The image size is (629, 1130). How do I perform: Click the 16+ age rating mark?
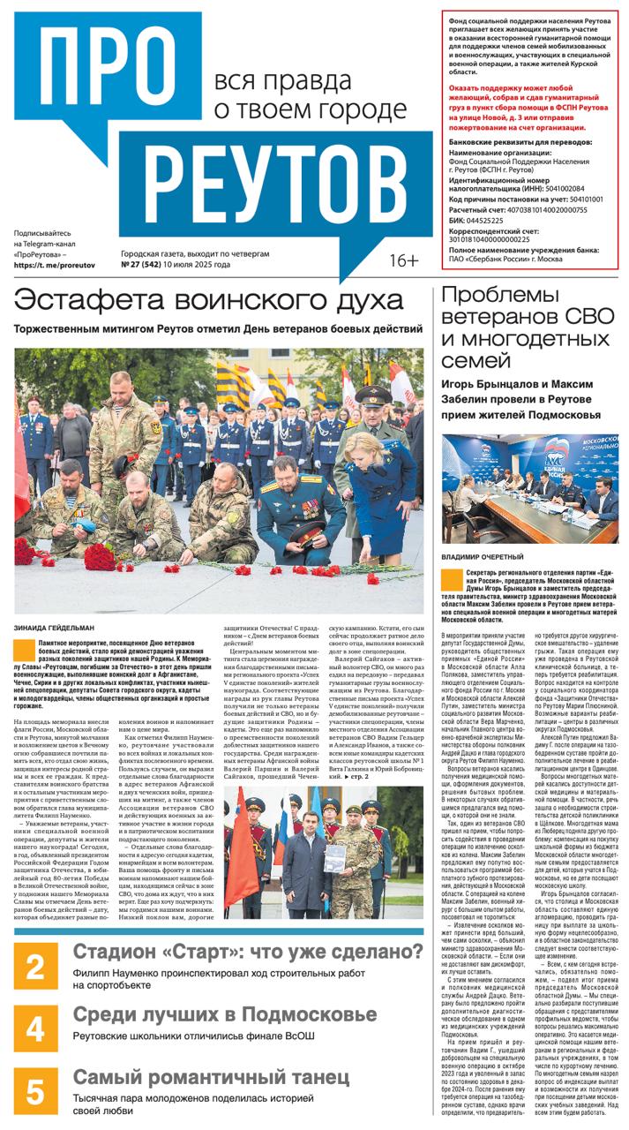[404, 260]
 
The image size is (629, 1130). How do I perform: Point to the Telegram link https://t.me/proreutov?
[56, 265]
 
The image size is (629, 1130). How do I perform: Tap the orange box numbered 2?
[35, 968]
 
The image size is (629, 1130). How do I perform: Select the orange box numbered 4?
[35, 1029]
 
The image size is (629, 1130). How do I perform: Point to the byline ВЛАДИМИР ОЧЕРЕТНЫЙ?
[483, 557]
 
